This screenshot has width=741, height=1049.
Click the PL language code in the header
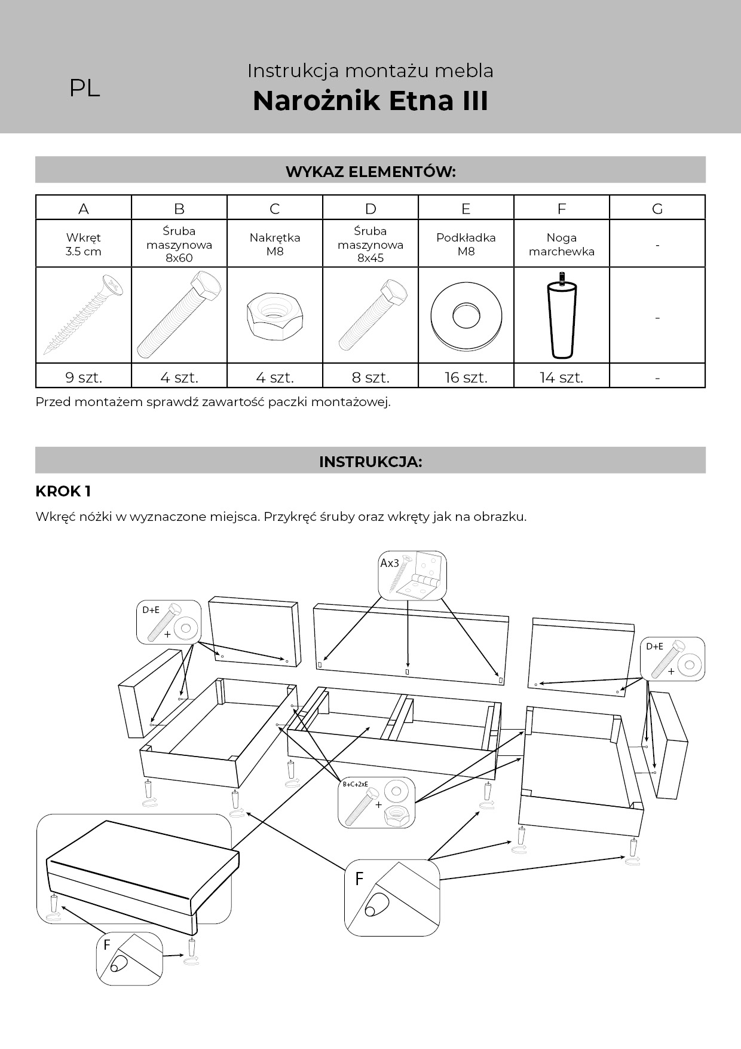[84, 89]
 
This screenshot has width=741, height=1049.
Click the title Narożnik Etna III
[370, 100]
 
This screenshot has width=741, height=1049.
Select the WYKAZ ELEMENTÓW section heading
[370, 172]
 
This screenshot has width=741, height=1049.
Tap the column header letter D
[370, 209]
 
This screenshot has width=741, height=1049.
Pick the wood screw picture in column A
[84, 315]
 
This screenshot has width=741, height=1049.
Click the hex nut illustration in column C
[275, 316]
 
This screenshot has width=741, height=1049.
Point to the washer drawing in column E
[466, 316]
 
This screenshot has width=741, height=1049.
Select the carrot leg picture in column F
[562, 315]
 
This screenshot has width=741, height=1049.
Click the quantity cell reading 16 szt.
[466, 377]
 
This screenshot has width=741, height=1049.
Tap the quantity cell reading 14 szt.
[562, 377]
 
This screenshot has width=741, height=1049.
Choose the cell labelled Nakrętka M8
[275, 244]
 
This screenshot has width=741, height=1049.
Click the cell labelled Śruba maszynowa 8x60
[179, 244]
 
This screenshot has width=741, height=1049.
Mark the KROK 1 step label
[63, 492]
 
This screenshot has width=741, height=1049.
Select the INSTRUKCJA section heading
[370, 462]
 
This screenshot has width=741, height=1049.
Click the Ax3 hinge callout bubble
[412, 575]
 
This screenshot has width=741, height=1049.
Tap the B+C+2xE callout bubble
[376, 803]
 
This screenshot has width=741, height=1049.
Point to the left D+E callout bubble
[169, 623]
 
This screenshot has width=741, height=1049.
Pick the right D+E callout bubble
[672, 659]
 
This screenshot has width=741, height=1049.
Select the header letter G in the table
[657, 209]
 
